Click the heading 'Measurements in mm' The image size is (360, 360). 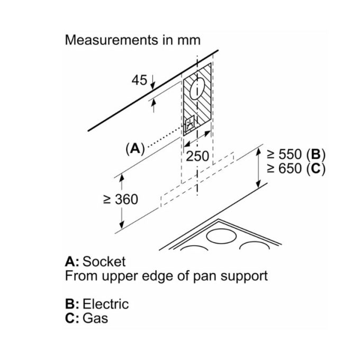pyautogui.click(x=132, y=40)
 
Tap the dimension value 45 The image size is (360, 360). pyautogui.click(x=139, y=80)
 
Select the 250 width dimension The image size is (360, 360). pyautogui.click(x=197, y=156)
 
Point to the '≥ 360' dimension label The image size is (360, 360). pyautogui.click(x=120, y=199)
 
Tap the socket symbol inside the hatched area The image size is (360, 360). pyautogui.click(x=190, y=125)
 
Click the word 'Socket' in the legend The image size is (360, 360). pyautogui.click(x=105, y=262)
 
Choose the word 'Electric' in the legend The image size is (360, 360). pyautogui.click(x=105, y=304)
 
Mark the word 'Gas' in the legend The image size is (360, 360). pyautogui.click(x=95, y=318)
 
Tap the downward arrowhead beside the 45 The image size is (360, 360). pyautogui.click(x=152, y=84)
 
